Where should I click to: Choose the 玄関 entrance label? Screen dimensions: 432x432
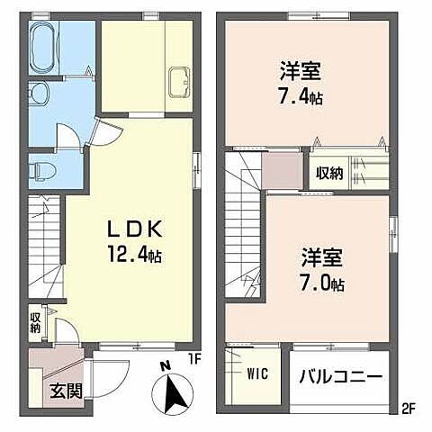(61, 391)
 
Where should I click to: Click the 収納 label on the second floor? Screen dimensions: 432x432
(328, 173)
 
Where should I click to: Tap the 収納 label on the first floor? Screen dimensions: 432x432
(35, 322)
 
